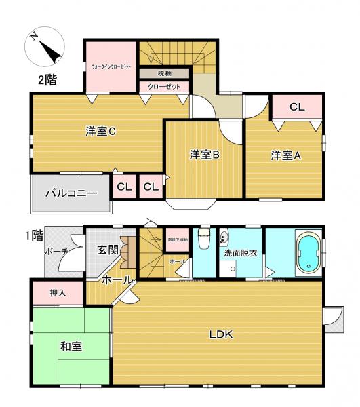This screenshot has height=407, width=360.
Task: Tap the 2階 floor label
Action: coord(47,79)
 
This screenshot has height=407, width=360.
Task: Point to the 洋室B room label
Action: coord(203,155)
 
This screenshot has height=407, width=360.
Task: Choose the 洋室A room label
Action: coord(285,155)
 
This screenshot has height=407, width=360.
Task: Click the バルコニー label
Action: coord(71,193)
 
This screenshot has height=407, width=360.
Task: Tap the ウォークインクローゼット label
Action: coord(111,67)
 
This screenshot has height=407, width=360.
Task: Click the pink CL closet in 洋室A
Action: coord(297,107)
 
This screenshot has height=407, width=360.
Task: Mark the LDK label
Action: coord(221,334)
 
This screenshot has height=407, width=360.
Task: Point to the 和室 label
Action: coord(71,347)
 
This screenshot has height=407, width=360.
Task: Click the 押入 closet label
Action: coord(58,293)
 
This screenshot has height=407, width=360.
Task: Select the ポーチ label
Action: coord(56,252)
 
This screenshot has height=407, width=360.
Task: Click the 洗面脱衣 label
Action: coord(241,253)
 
